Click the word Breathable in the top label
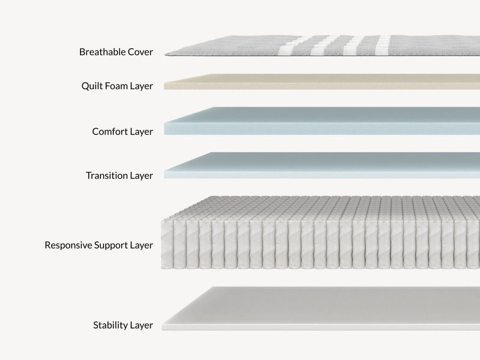pyautogui.click(x=102, y=52)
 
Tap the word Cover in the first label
pyautogui.click(x=140, y=52)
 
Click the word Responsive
pyautogui.click(x=68, y=245)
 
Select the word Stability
pyautogui.click(x=110, y=325)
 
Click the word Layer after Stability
pyautogui.click(x=142, y=325)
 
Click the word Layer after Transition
pyautogui.click(x=142, y=176)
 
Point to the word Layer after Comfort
pyautogui.click(x=142, y=131)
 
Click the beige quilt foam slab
pyautogui.click(x=322, y=82)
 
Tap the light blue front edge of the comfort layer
pyautogui.click(x=322, y=129)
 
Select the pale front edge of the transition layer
pyautogui.click(x=322, y=175)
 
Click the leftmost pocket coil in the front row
pyautogui.click(x=167, y=245)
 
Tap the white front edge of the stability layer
pyautogui.click(x=321, y=327)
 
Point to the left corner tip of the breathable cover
pyautogui.click(x=166, y=54)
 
